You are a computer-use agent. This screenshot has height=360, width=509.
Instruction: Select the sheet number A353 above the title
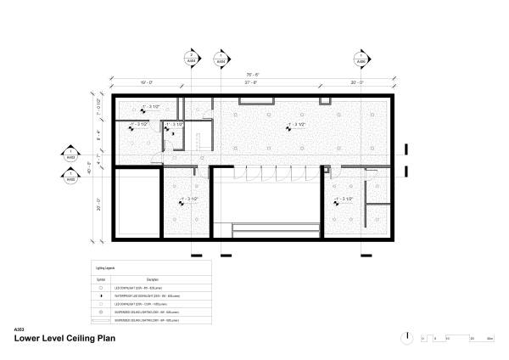pyautogui.click(x=20, y=329)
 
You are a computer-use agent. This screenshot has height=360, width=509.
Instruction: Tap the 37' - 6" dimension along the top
pyautogui.click(x=251, y=82)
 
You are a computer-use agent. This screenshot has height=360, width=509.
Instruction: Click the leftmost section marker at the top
pyautogui.click(x=189, y=60)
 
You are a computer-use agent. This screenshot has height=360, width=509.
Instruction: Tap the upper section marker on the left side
pyautogui.click(x=70, y=157)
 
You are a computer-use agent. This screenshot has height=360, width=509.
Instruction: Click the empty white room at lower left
pyautogui.click(x=135, y=204)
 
